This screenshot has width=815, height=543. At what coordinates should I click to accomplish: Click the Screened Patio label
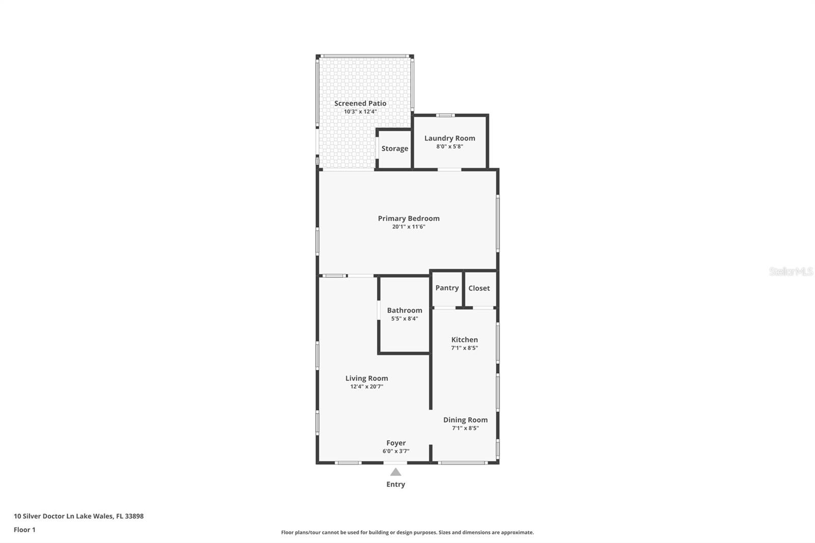360,103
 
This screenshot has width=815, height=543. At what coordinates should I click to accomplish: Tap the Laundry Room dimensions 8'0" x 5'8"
449,147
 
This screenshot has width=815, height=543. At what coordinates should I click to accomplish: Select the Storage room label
395,149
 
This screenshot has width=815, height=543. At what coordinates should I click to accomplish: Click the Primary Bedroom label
409,219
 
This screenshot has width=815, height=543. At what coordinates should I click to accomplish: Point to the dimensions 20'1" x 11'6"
409,227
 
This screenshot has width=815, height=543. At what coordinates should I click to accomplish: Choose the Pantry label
447,288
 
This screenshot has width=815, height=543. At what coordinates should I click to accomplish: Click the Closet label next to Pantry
479,288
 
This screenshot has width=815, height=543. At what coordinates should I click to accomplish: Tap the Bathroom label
404,310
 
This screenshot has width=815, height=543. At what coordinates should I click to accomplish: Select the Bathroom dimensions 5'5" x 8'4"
404,319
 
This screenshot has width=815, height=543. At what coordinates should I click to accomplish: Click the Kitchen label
465,340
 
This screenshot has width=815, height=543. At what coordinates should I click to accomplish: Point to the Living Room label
366,378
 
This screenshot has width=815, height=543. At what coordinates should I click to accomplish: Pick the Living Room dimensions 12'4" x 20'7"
366,387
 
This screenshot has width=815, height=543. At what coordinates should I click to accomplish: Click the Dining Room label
465,420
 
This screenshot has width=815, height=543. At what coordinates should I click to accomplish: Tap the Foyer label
396,443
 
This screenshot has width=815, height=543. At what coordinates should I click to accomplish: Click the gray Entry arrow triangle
396,472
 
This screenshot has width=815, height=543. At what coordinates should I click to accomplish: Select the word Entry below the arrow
396,484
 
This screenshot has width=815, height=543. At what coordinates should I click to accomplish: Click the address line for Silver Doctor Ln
78,516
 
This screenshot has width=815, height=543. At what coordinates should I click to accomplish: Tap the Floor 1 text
24,530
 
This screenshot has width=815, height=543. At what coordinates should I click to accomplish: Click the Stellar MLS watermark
791,271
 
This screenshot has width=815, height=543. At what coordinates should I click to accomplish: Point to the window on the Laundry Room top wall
445,115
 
